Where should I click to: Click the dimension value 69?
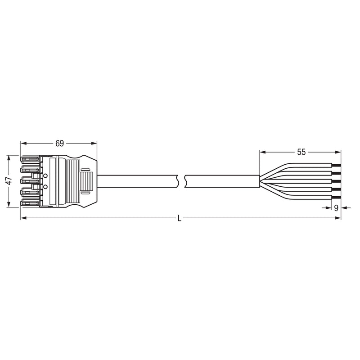(x=59, y=144)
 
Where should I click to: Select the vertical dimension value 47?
(x=9, y=181)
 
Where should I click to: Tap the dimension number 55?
(x=301, y=152)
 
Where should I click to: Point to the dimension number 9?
(x=336, y=208)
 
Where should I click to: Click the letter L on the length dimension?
(x=180, y=218)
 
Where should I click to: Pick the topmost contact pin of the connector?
(x=30, y=159)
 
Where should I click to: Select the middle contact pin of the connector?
(x=30, y=181)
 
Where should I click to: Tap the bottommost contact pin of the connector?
(x=30, y=203)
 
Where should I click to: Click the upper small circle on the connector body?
(x=45, y=175)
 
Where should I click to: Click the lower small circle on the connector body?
(x=45, y=187)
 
